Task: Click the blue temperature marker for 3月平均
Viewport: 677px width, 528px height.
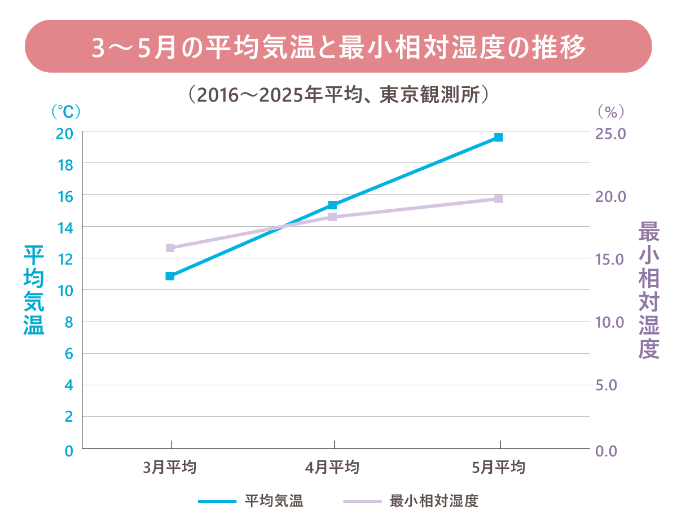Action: coord(170,276)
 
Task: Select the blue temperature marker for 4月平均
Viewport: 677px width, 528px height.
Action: coord(333,205)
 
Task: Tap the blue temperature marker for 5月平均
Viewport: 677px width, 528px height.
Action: coord(499,137)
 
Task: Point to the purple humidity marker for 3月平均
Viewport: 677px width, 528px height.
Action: coord(170,248)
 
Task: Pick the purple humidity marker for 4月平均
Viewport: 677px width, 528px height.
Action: coord(333,217)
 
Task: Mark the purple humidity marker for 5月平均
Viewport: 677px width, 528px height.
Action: coord(499,199)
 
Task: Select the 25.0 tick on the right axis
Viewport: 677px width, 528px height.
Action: coord(611,134)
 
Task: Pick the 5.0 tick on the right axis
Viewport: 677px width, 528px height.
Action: coord(611,385)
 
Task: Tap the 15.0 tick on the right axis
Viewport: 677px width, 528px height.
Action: coord(611,259)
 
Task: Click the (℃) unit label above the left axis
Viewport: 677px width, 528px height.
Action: coord(65,112)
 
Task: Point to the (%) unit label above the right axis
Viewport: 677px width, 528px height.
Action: coord(611,112)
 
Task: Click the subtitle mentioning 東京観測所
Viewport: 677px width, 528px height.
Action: coord(338,94)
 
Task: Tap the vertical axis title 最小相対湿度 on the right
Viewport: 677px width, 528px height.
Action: coord(649,290)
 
